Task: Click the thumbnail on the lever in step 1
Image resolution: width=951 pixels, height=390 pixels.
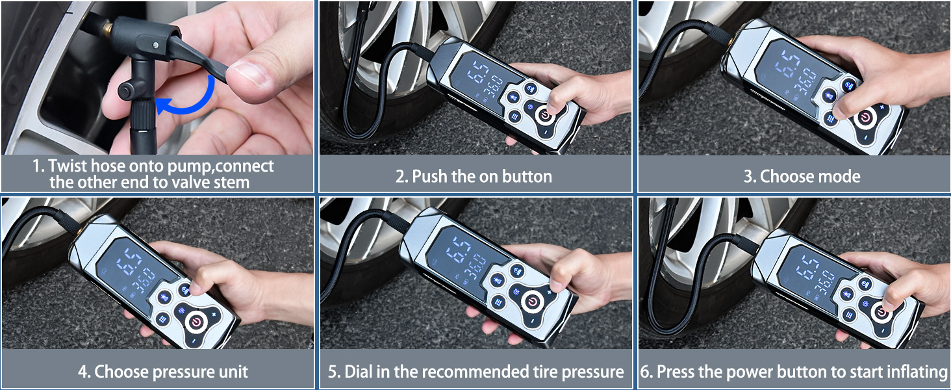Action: [251, 73]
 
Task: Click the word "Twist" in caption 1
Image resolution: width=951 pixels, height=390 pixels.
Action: [68, 166]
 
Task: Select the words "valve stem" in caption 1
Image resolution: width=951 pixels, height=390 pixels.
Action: [213, 182]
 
